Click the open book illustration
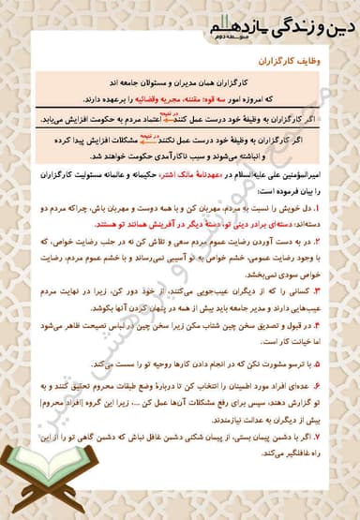(37, 473)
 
